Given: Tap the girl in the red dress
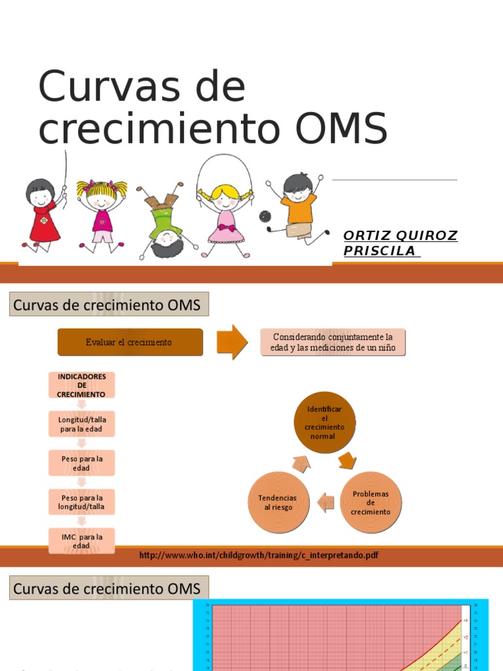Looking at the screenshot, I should coord(43,216).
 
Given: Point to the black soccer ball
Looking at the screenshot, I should coord(264,216).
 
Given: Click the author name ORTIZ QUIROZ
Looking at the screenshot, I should coord(400,236).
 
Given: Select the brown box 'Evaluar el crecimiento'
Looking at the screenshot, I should coord(130,342).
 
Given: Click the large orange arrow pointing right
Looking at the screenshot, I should coord(233,341).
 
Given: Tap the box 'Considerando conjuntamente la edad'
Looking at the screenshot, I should coord(333,342).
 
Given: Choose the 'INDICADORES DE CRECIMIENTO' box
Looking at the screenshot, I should coord(81,385).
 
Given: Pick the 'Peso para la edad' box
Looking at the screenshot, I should coord(81,463).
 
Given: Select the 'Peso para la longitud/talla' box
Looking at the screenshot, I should coord(81,503).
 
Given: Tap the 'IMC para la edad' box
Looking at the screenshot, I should coord(81,541).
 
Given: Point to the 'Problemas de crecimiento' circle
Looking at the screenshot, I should coord(371,503).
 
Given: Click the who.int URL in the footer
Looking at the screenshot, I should coord(259,556).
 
